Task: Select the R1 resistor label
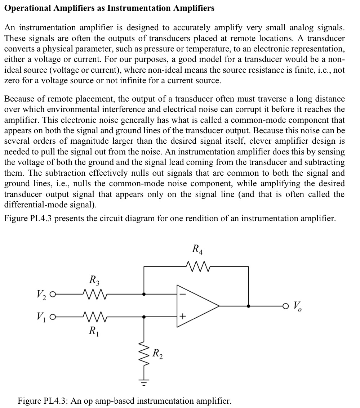point(93,330)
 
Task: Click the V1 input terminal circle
point(53,317)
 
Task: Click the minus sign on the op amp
point(182,294)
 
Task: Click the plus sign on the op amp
point(182,317)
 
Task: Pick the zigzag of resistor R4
point(196,266)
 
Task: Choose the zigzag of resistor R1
point(93,317)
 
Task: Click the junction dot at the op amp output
point(248,306)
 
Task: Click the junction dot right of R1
point(145,317)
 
